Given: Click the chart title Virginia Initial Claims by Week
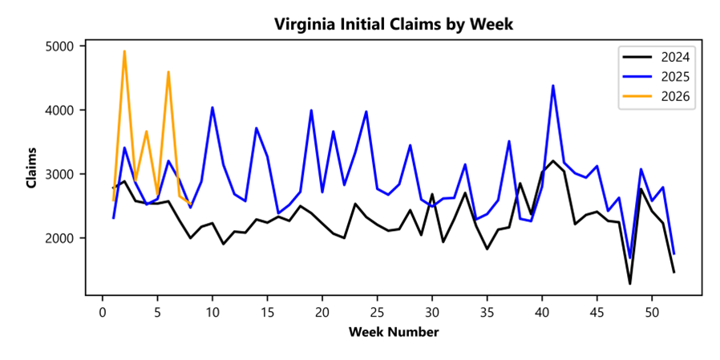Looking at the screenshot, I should (393, 24).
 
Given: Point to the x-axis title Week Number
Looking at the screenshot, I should (393, 332).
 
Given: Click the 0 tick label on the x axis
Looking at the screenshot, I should (103, 311).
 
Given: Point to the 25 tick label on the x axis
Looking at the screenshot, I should (377, 311).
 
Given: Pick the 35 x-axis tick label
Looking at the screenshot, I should (487, 311).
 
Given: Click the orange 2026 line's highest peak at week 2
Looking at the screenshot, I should (124, 51).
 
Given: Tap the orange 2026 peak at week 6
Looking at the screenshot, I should (168, 72).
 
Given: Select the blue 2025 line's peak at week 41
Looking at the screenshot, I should (553, 86).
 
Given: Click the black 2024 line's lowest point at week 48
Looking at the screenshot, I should (630, 283).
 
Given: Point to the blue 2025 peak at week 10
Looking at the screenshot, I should (212, 107).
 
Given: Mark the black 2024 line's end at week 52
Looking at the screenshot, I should (674, 273).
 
